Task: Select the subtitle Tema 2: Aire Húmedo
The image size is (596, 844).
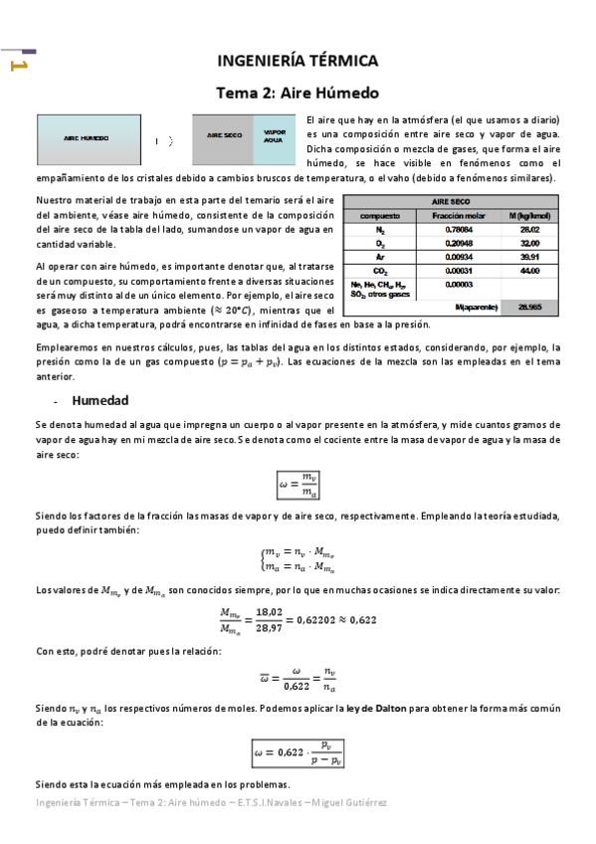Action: [x=298, y=94]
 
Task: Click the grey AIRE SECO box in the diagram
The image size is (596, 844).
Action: [x=224, y=137]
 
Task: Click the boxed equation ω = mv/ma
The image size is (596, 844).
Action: [x=298, y=486]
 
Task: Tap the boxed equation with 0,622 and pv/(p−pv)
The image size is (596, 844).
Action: [x=298, y=751]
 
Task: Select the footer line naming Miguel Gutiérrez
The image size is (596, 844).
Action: [x=210, y=802]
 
